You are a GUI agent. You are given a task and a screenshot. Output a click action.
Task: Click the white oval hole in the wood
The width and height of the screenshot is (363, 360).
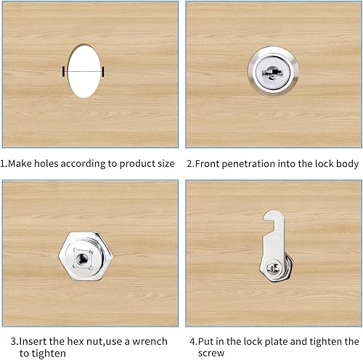[x=84, y=71]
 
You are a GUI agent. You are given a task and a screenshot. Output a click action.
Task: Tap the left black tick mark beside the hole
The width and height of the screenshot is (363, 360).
[x=63, y=72]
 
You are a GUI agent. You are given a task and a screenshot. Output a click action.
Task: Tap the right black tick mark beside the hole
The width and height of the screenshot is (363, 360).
[x=103, y=72]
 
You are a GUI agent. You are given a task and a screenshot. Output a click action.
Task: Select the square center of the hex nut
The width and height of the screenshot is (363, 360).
[x=82, y=259]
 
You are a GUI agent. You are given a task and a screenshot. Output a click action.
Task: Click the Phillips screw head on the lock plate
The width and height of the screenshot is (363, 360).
[x=273, y=268]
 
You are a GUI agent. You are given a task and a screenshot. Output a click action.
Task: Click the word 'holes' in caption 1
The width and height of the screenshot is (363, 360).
[x=46, y=163]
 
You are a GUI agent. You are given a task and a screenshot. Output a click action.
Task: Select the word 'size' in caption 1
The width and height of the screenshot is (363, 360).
[x=166, y=164]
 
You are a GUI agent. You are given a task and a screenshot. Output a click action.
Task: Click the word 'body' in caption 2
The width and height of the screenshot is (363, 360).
[x=347, y=164]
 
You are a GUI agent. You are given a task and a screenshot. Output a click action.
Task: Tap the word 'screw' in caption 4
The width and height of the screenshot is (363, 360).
[x=211, y=353]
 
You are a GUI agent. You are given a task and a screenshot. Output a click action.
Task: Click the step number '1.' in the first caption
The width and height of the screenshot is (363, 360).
[x=4, y=164]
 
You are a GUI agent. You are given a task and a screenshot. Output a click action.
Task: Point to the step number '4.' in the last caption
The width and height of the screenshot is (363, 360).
[x=194, y=342]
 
